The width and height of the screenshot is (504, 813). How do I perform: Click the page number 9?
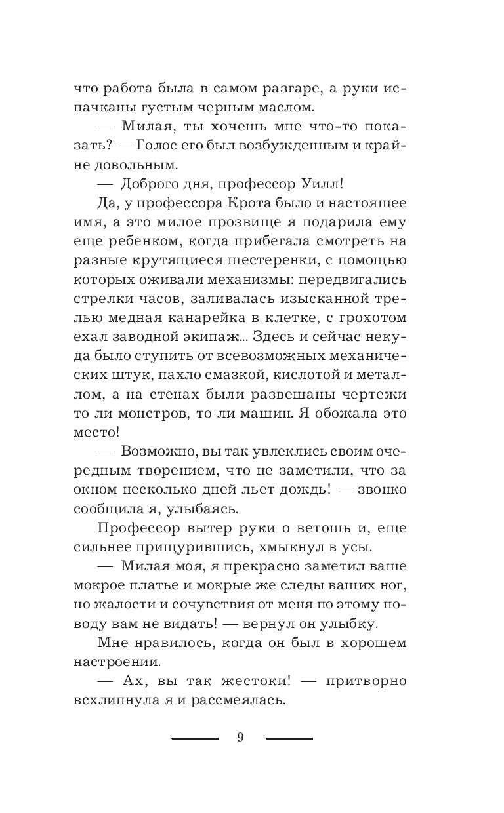pyautogui.click(x=240, y=738)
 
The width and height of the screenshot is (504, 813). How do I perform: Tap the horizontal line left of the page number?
pyautogui.click(x=195, y=738)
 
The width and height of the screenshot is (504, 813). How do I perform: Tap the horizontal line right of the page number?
pyautogui.click(x=289, y=738)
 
